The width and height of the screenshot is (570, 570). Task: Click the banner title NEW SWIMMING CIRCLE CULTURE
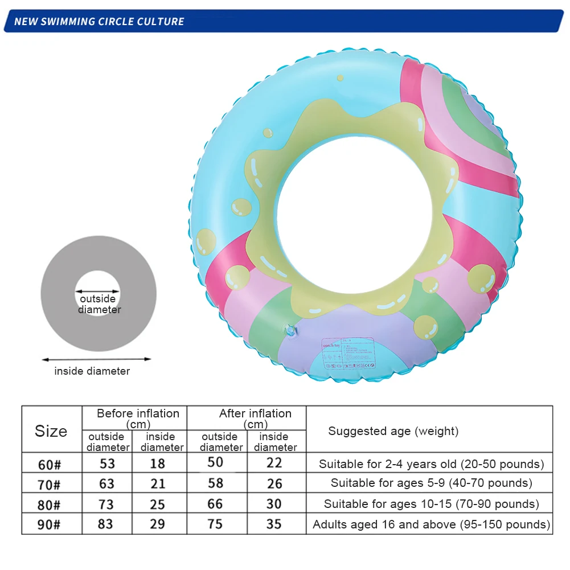click(99, 22)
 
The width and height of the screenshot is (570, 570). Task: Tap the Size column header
click(51, 431)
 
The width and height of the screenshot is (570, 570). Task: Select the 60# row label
click(50, 464)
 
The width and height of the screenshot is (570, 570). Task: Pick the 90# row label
click(50, 524)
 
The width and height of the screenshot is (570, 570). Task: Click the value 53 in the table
click(107, 463)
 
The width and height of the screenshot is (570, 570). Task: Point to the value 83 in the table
click(105, 523)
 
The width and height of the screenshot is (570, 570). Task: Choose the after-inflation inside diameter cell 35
click(274, 523)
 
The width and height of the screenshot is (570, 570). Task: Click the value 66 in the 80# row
click(215, 503)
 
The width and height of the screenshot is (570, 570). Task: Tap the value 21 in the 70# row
click(158, 483)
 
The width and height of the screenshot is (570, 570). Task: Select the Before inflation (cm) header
click(138, 419)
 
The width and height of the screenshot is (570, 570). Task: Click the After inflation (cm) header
click(255, 419)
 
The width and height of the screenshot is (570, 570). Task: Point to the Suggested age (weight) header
click(393, 431)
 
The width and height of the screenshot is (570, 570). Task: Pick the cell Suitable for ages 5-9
click(431, 483)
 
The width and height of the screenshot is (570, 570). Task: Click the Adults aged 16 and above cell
click(431, 524)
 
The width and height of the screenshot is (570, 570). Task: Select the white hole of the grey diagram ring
click(99, 293)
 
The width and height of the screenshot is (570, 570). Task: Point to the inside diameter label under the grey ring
click(92, 371)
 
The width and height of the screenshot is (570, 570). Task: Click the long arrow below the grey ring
click(97, 359)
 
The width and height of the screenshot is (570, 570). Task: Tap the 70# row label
click(50, 484)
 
